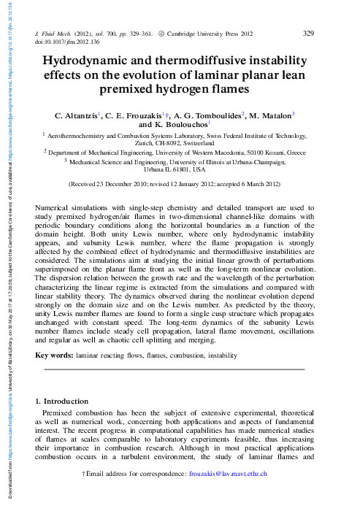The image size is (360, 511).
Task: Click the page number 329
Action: [307, 33]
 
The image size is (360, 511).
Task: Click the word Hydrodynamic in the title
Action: [91, 62]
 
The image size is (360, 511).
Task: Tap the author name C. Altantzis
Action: [80, 115]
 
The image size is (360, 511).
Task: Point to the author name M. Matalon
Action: [270, 115]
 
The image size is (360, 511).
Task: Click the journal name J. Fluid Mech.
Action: [56, 34]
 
